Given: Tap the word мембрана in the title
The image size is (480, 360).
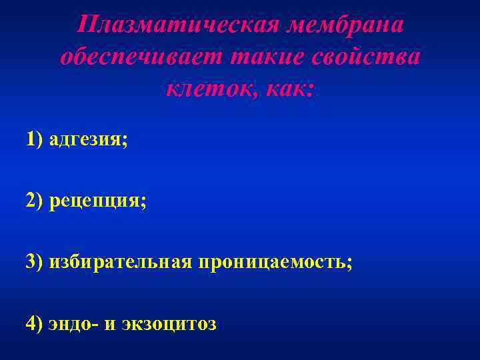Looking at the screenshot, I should pyautogui.click(x=345, y=25).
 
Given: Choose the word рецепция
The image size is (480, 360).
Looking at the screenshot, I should pyautogui.click(x=95, y=201).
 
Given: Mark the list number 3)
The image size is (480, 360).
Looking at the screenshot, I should pyautogui.click(x=35, y=261).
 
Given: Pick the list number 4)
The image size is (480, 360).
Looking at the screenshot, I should pyautogui.click(x=35, y=323).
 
